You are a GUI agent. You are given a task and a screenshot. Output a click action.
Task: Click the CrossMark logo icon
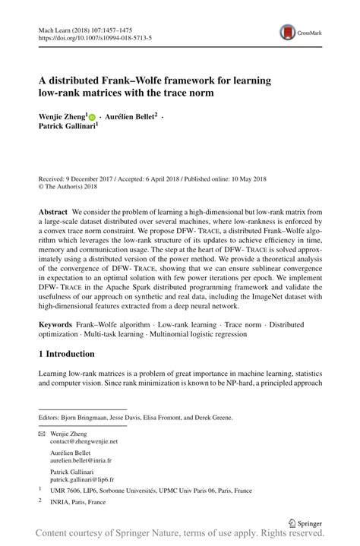coord(288,30)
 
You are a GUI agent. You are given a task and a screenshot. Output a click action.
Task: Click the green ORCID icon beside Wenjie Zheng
coord(93,118)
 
